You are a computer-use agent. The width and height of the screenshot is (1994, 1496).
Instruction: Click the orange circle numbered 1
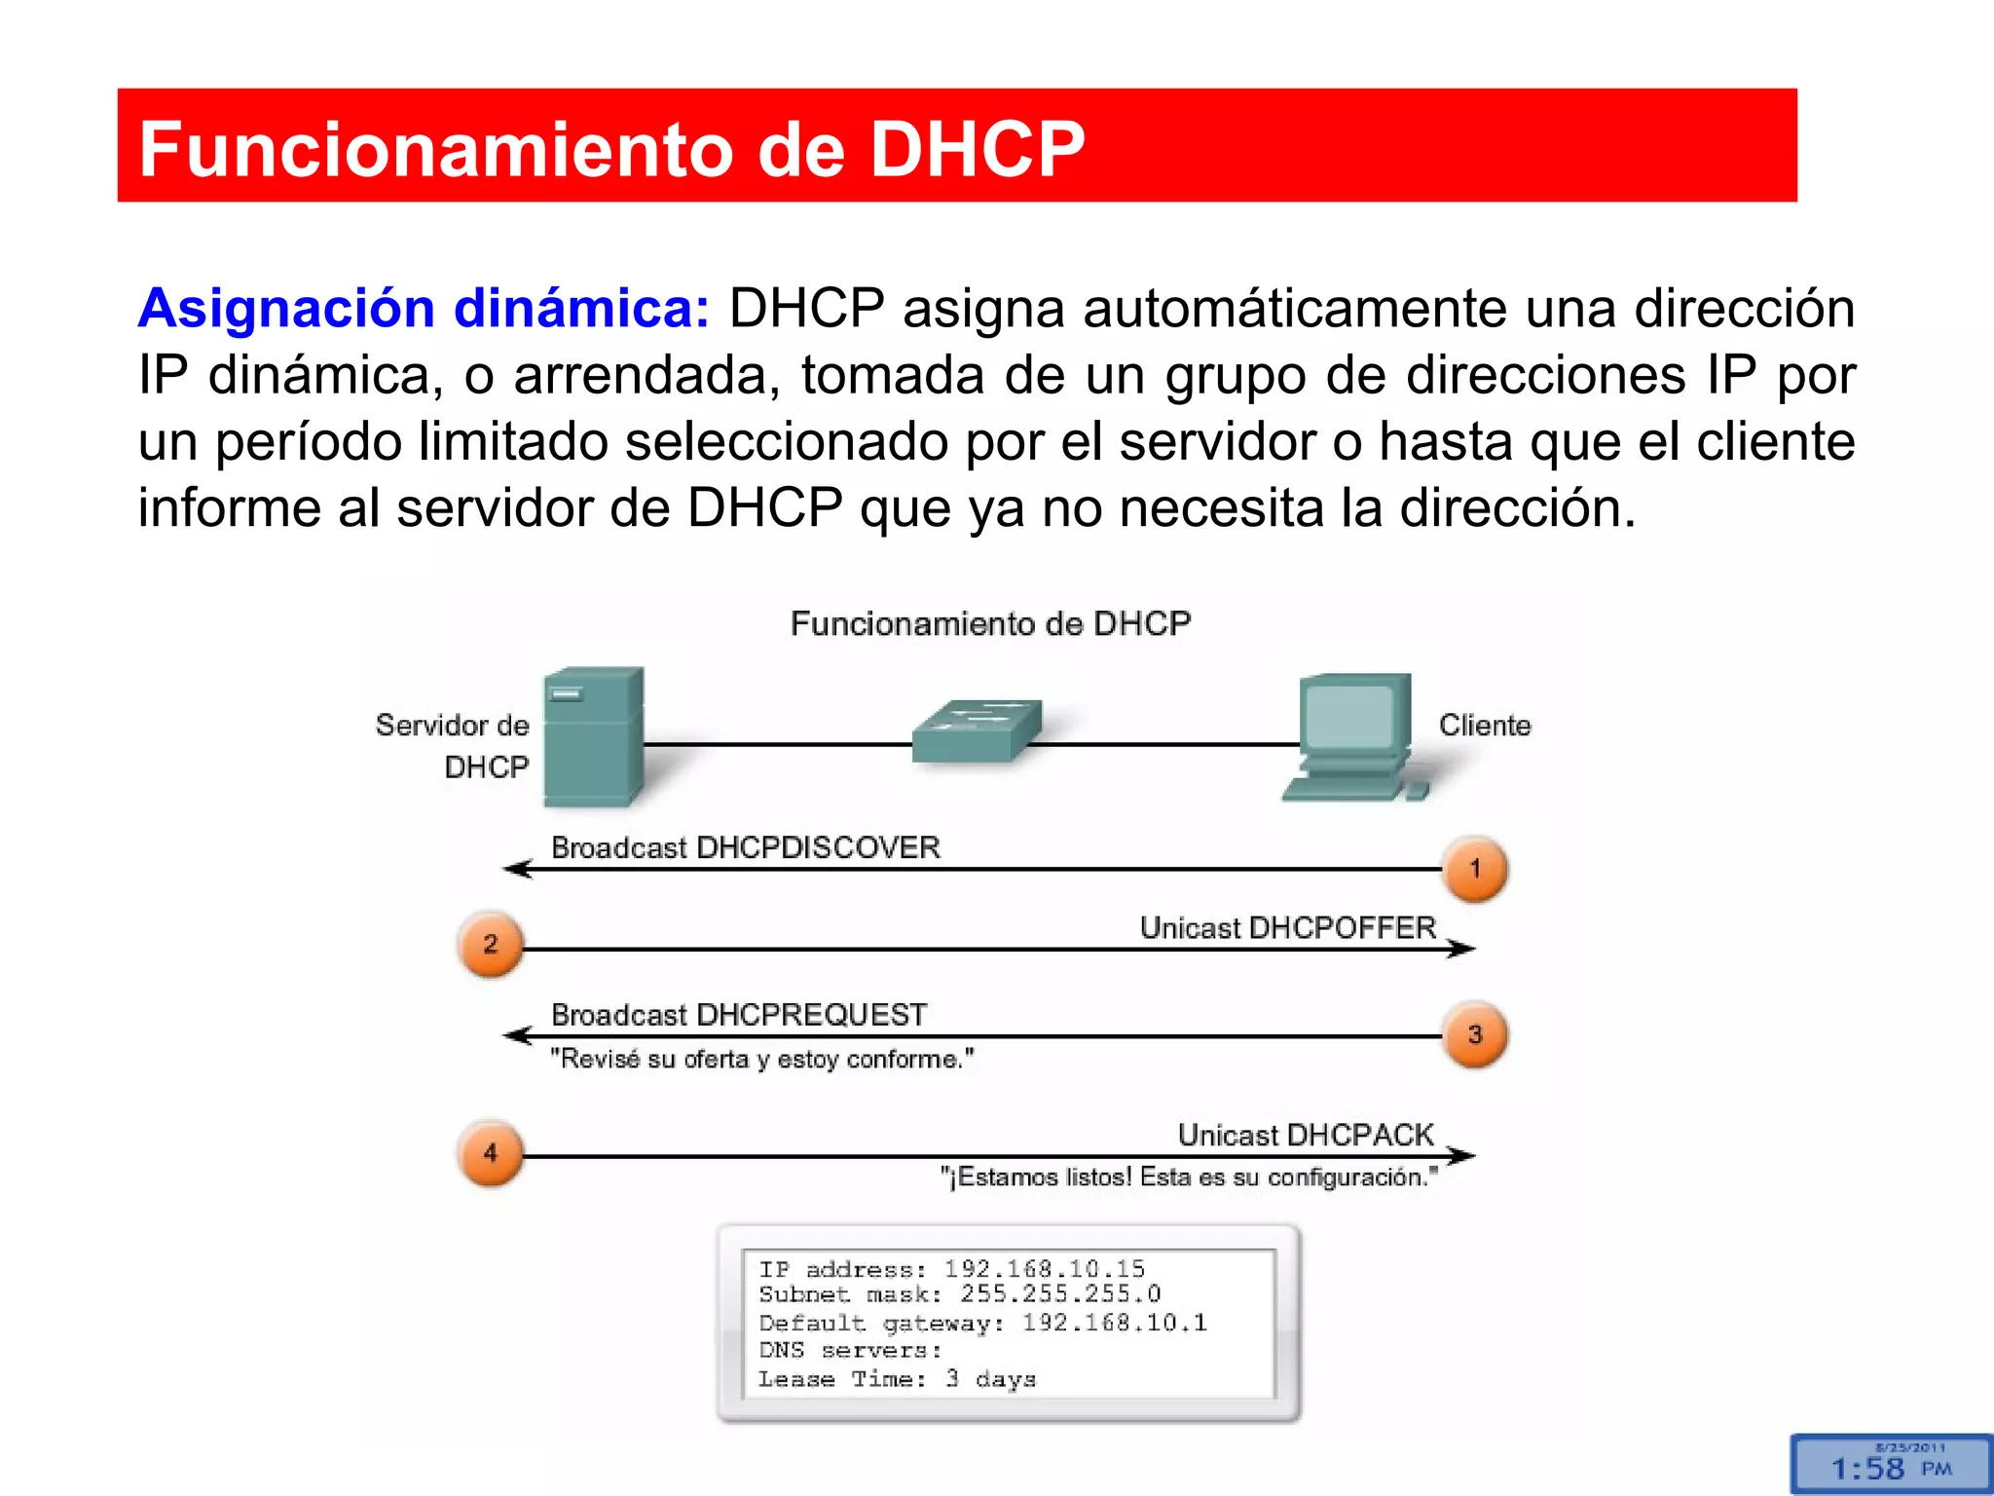pos(1475,869)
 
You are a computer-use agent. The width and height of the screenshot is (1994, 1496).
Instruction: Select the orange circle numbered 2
pos(490,944)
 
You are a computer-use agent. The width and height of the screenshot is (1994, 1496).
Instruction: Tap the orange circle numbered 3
pos(1475,1035)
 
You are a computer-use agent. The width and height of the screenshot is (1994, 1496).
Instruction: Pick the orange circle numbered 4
pos(490,1153)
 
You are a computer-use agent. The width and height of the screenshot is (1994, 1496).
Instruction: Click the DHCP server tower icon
pos(593,736)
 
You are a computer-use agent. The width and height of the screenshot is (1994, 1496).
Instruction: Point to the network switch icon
pos(977,729)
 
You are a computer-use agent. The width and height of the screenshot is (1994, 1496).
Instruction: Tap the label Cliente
pos(1485,726)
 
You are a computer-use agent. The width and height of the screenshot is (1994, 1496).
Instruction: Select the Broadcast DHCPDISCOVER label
pos(746,847)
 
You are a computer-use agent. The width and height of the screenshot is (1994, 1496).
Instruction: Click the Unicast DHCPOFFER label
pos(1287,927)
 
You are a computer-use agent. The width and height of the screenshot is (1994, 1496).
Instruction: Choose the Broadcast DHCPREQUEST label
pos(739,1015)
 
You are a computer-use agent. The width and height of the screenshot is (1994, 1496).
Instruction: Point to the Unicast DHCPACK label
pos(1306,1135)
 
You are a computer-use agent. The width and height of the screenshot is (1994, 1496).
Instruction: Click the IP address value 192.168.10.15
pos(1045,1268)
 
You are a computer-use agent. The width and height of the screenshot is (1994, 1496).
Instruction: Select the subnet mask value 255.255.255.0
pos(1060,1293)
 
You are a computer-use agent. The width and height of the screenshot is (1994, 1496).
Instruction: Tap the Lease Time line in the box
pos(897,1379)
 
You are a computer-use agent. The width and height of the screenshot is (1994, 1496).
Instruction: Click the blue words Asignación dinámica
pos(424,309)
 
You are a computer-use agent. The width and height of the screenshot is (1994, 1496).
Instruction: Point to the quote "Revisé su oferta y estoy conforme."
pos(762,1059)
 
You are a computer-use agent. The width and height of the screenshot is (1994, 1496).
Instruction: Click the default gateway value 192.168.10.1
pos(1114,1323)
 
